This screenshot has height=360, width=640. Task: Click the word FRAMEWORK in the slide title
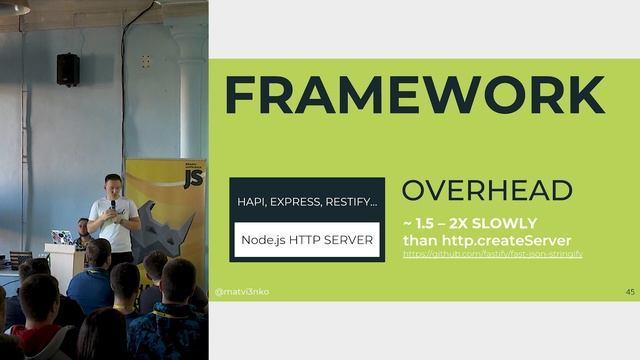[x=414, y=95]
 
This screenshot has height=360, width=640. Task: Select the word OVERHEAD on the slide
[x=486, y=191]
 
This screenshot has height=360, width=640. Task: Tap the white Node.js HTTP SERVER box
[x=307, y=240]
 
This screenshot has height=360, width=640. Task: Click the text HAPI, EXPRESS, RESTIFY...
[x=307, y=202]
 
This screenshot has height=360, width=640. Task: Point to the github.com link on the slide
[x=492, y=255]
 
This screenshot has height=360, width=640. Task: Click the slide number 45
[x=629, y=292]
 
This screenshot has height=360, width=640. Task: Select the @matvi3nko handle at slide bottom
[x=242, y=292]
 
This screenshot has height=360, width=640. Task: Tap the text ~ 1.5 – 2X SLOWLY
[x=469, y=223]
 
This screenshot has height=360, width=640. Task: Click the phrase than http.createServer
[x=486, y=240]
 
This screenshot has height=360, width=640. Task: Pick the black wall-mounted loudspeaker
[x=68, y=68]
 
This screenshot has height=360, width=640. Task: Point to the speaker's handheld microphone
[x=113, y=205]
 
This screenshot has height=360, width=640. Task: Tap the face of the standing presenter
[x=113, y=185]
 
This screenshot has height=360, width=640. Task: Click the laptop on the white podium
[x=62, y=238]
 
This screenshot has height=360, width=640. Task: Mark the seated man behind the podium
[x=83, y=232]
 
